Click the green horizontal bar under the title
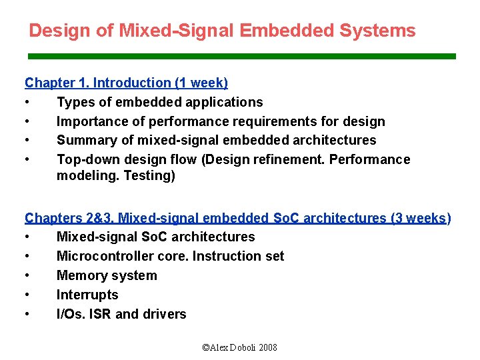coord(241,57)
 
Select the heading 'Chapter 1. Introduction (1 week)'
coord(126,83)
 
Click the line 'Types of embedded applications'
coord(159,102)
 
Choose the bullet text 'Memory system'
coord(107,275)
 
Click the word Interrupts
coord(87,295)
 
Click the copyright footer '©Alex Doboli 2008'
coord(239,347)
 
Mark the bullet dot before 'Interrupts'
coord(27,295)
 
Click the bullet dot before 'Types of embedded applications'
coord(27,102)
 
